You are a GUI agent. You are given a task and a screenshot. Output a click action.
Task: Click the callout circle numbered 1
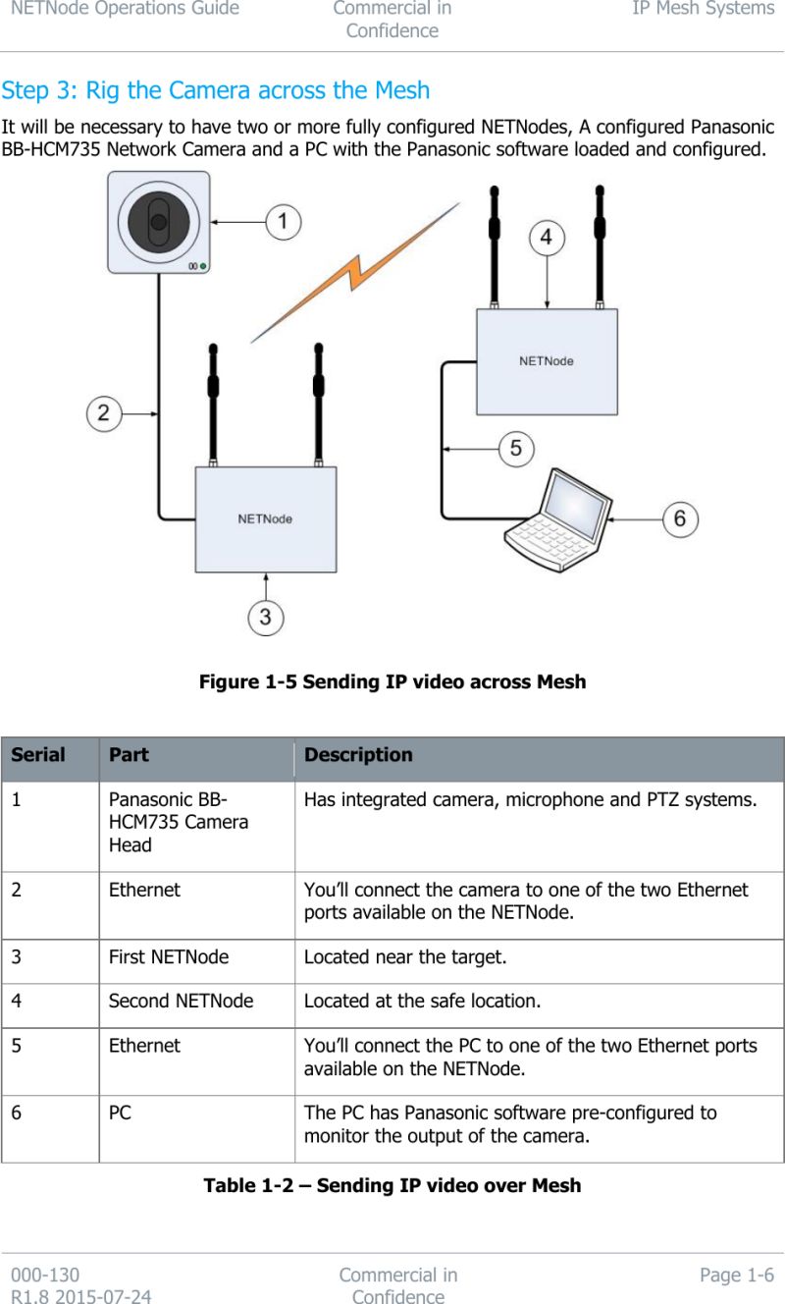coord(284,222)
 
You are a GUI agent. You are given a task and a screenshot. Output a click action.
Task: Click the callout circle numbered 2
coord(104,412)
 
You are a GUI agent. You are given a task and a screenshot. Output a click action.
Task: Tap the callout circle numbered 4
coord(547,238)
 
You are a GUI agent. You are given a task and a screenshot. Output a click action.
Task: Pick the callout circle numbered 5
coord(516,450)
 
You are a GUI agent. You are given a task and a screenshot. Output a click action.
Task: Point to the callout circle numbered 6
coord(680,517)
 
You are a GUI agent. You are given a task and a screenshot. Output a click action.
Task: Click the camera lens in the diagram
coord(158,222)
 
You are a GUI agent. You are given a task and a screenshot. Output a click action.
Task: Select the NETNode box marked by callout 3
coord(265,518)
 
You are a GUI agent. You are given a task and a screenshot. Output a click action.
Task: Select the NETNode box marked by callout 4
coord(547,361)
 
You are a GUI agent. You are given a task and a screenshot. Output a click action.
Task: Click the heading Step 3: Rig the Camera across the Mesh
coord(216,90)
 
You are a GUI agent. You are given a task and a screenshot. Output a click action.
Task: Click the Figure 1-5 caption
coord(392,681)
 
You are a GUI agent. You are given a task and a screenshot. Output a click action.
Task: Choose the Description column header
coord(358,755)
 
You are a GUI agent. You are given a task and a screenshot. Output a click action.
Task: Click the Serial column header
coord(38,755)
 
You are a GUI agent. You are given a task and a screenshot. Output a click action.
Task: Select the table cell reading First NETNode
coord(169,956)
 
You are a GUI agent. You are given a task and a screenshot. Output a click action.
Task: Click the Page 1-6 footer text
coord(736,1276)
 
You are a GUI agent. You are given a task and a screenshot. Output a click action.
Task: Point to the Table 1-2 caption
coord(392,1185)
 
